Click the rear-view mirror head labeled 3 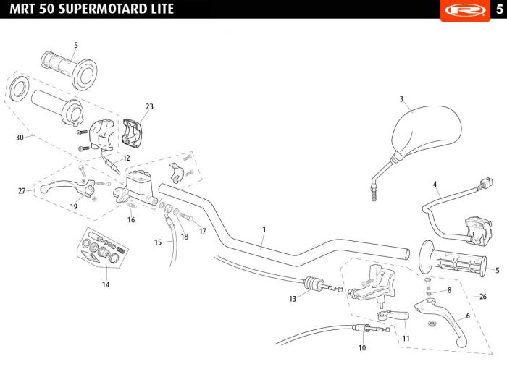pos(427,130)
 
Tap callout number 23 pos(149,106)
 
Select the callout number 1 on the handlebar pos(264,230)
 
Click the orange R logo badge pos(465,10)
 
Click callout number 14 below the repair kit pos(106,284)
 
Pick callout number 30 pos(20,138)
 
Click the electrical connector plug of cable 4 pos(486,183)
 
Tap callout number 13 pos(293,299)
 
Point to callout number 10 pos(362,348)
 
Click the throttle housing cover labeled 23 pos(132,133)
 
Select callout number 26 pos(483,297)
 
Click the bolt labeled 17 pos(185,216)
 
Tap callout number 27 pos(22,191)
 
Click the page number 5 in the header pos(499,9)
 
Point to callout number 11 pos(406,339)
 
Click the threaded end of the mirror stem pos(374,193)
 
